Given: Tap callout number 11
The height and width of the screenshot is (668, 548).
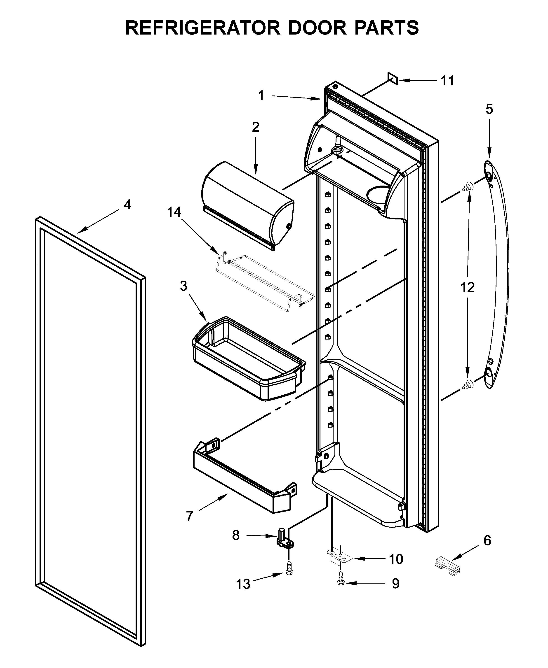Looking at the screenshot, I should [447, 81].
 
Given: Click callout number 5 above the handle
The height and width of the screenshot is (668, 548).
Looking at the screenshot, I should [489, 109].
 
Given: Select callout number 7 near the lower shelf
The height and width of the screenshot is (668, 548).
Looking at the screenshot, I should [189, 517].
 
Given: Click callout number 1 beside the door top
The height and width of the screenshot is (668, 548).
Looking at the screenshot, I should [261, 95].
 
